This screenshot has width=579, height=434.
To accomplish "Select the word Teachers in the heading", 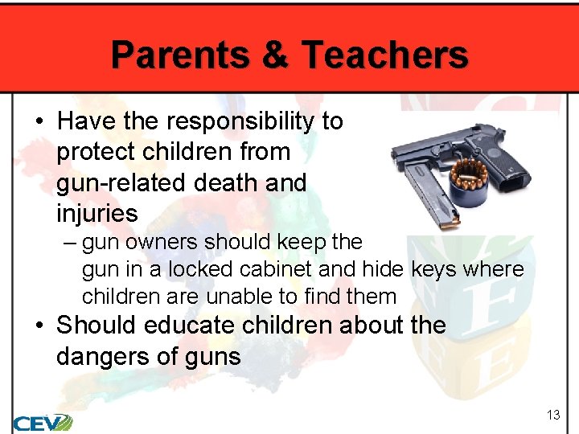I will click(384, 55).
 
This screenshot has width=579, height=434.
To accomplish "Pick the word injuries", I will click(96, 214).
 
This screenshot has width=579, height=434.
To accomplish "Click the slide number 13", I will click(552, 415).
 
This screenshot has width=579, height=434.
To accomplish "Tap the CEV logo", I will click(42, 422).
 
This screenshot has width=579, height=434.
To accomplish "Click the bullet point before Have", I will click(39, 122).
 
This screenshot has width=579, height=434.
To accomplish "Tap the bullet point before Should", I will click(39, 326).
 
